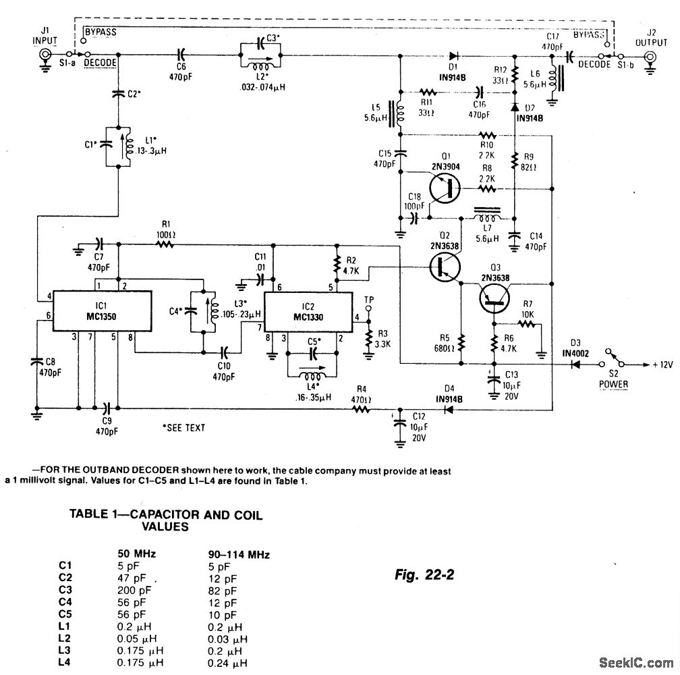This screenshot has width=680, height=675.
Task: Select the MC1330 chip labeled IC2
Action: click(x=309, y=311)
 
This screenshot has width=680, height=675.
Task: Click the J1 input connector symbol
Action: click(x=46, y=56)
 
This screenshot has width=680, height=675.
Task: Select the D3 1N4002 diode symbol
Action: click(x=577, y=364)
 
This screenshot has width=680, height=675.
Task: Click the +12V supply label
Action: click(x=663, y=364)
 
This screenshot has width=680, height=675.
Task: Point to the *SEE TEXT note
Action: click(x=184, y=427)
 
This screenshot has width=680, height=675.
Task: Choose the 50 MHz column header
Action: click(x=137, y=554)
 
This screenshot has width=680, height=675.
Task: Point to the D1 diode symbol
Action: click(x=453, y=56)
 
